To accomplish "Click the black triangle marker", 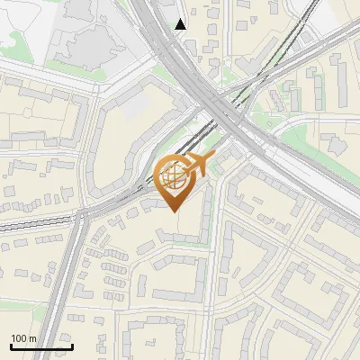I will [181, 24].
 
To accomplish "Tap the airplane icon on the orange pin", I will [200, 165].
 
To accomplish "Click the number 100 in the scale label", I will [19, 338].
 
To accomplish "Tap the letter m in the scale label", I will [32, 338].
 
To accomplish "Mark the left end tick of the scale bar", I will [11, 346].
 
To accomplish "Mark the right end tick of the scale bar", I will [72, 346].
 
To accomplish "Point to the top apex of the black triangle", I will [181, 18].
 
